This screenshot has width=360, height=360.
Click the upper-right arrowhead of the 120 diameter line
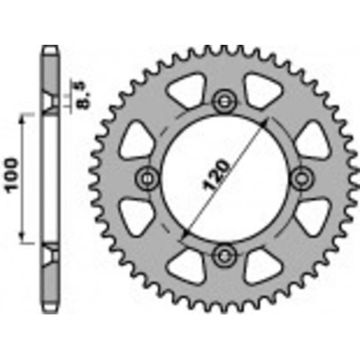click(269, 123)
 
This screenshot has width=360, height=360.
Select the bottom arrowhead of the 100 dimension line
click(22, 241)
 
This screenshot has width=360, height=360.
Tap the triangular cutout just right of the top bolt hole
click(260, 88)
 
